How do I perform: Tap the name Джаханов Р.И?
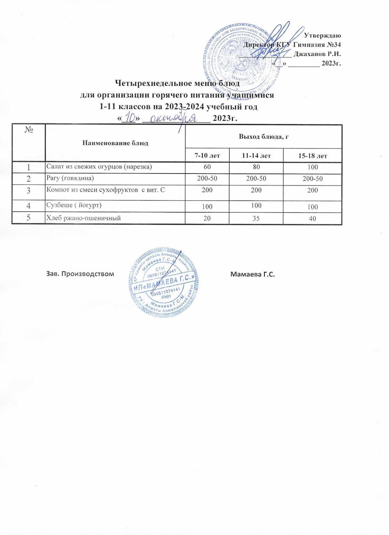(317, 53)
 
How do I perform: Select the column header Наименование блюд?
(115, 143)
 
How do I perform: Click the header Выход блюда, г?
(264, 136)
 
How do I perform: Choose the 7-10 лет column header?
(207, 155)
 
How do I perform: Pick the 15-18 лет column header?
(312, 155)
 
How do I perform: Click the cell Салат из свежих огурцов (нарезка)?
(99, 167)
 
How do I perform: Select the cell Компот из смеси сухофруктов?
(106, 190)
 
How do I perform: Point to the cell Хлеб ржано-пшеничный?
(83, 218)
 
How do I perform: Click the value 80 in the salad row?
(256, 167)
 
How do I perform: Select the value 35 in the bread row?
(256, 218)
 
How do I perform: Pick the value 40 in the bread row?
(312, 218)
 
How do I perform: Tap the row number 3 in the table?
(28, 191)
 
